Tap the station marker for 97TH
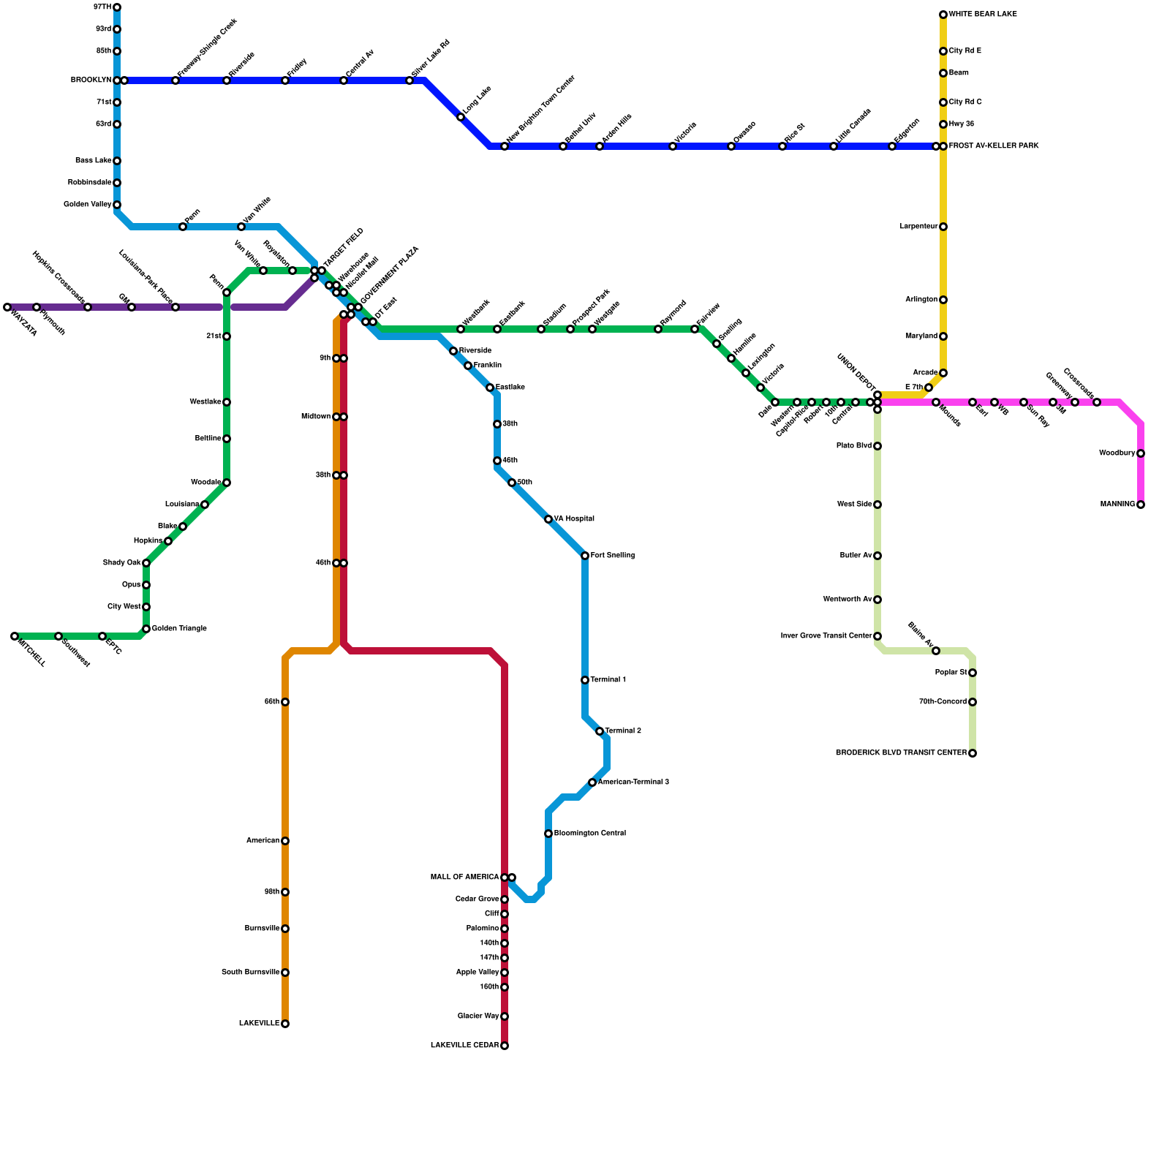pos(117,7)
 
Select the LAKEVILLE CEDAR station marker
pos(505,1046)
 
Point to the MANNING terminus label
pos(1117,505)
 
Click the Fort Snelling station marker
pos(585,556)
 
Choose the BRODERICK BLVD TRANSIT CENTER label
pos(901,753)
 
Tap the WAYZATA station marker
pos(7,307)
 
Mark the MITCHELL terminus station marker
pos(15,636)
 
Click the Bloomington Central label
pos(589,834)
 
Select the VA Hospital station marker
pos(548,519)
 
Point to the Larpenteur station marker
pos(943,227)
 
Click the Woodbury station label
pos(1117,453)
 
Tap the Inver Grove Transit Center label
pos(826,636)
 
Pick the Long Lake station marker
pos(461,117)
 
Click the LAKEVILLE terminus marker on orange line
pos(285,1024)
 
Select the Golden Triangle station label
pos(179,629)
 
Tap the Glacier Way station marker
pos(505,1016)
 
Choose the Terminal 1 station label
pos(608,680)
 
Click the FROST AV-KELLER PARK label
pos(994,146)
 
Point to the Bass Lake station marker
pos(117,161)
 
